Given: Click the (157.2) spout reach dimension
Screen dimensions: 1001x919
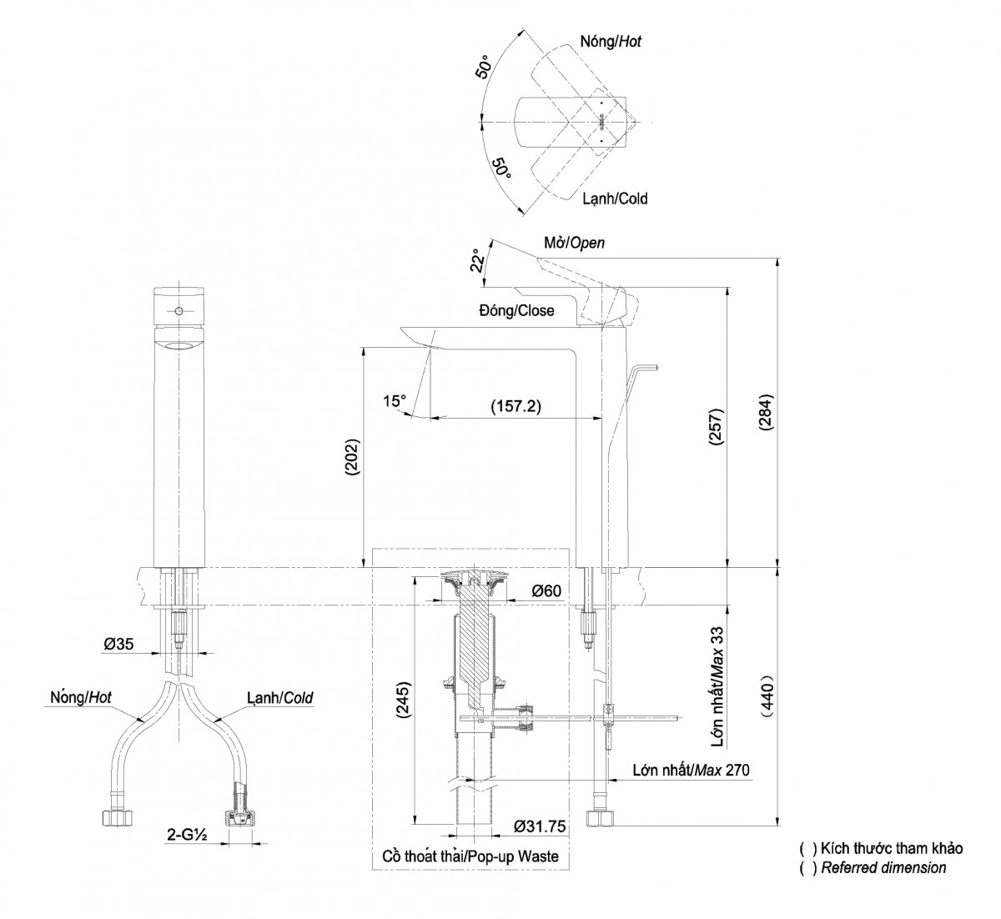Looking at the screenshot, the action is point(516,406).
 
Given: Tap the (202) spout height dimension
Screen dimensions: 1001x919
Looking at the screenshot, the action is point(353,457).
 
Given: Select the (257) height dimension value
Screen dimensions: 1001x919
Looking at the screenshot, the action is point(716,427).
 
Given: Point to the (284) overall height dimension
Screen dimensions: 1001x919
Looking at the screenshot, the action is point(766,412).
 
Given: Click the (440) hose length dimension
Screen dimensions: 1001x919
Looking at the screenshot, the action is point(767,696).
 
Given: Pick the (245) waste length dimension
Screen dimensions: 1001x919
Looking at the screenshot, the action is point(402,699).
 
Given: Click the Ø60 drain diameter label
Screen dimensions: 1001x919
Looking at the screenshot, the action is point(546,590).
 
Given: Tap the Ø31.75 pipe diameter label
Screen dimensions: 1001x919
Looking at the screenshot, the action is point(540,826).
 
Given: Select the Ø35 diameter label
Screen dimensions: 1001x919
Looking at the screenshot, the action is point(118,644).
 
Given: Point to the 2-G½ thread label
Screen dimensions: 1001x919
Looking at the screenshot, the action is point(187,834).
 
